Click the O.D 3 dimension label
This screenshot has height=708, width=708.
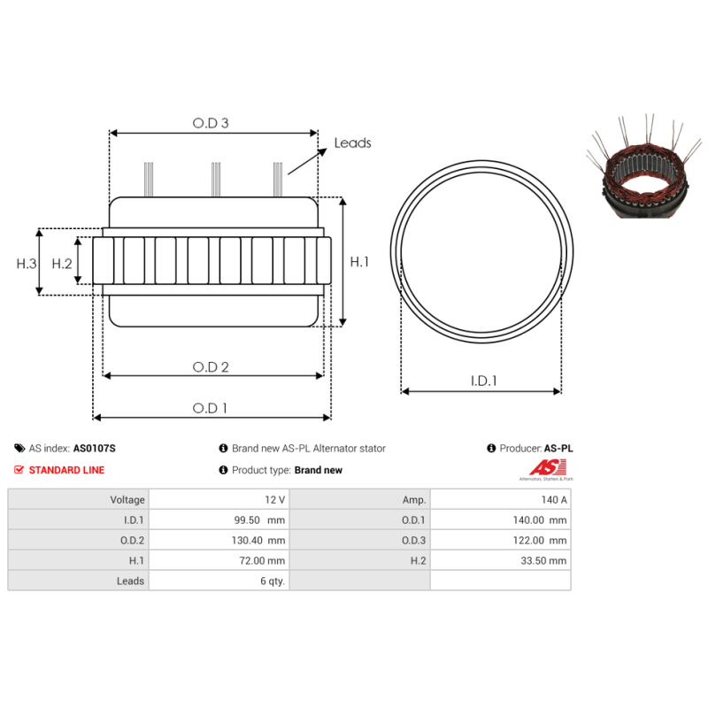[211, 123]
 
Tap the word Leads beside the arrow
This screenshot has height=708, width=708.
[352, 142]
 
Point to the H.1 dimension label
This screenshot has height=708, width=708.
[359, 262]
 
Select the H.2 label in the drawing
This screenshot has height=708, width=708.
[62, 263]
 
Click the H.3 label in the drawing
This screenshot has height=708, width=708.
[27, 263]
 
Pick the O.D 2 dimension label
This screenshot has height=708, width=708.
[211, 366]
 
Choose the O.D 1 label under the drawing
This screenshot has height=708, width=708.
[210, 408]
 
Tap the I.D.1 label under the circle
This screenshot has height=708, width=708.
[483, 381]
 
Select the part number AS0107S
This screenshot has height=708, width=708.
[95, 449]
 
